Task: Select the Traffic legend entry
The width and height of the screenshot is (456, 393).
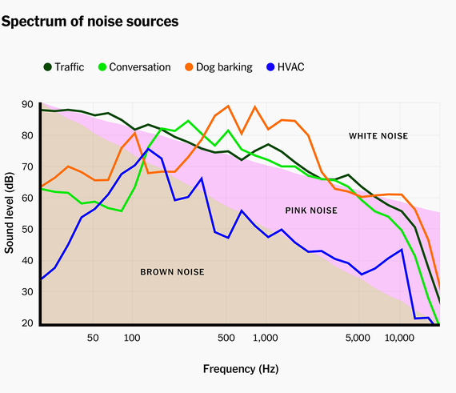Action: [63, 67]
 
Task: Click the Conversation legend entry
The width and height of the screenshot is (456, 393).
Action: [140, 67]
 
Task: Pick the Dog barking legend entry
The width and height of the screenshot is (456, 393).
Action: [223, 67]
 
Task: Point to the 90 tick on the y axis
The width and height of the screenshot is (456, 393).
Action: [27, 104]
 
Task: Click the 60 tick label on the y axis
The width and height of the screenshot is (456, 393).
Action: [27, 198]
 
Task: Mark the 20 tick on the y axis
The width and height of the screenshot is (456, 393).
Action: [27, 323]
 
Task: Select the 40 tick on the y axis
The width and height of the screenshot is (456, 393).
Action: [27, 260]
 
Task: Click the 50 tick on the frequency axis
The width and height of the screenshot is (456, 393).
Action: [93, 339]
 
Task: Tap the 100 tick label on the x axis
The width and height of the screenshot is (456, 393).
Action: [133, 339]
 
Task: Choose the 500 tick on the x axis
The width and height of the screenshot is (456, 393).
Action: [226, 339]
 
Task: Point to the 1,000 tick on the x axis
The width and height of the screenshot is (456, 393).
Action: [265, 339]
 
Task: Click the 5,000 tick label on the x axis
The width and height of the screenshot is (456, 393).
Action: [358, 339]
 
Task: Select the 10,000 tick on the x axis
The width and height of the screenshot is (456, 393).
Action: [398, 339]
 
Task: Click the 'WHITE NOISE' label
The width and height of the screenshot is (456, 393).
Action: [378, 136]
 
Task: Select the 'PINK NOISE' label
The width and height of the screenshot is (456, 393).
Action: [311, 211]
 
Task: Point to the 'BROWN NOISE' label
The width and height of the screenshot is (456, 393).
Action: [172, 272]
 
